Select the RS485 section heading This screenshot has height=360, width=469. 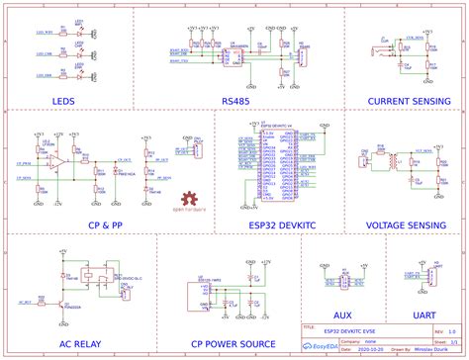[x=235, y=101]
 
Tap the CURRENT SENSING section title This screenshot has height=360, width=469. [x=403, y=101]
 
